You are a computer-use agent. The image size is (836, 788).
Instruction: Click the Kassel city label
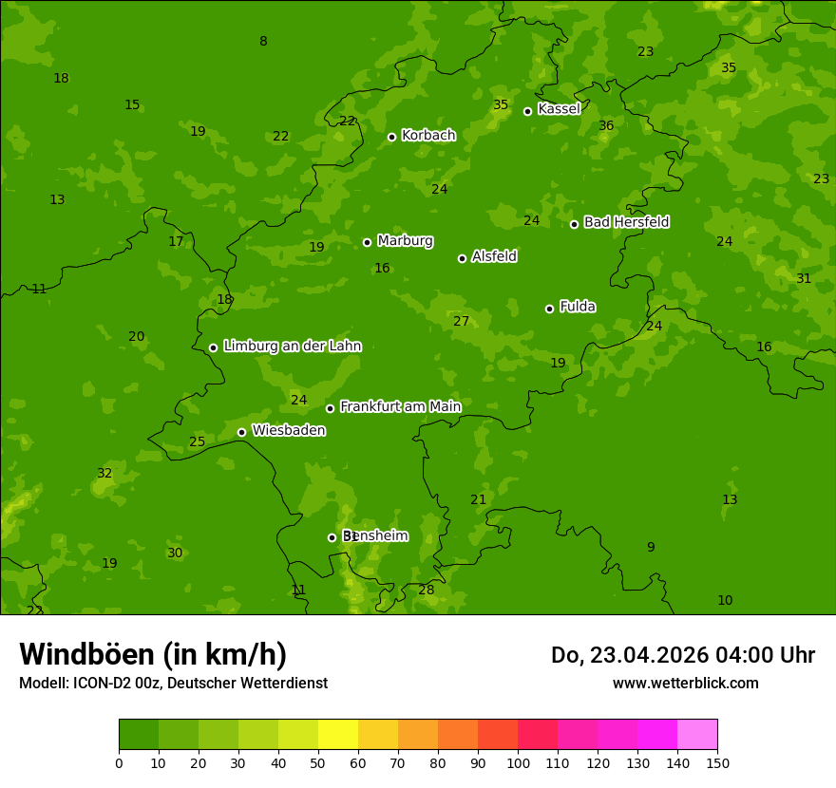pyautogui.click(x=559, y=109)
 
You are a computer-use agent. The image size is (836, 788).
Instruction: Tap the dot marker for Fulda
pyautogui.click(x=549, y=309)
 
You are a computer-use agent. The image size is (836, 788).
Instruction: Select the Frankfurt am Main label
pyautogui.click(x=400, y=406)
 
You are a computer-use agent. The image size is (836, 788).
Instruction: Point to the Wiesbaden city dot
pyautogui.click(x=241, y=432)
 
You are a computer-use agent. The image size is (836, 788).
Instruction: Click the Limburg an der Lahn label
pyautogui.click(x=292, y=347)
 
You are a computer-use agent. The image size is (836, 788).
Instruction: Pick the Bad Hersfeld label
pyautogui.click(x=626, y=222)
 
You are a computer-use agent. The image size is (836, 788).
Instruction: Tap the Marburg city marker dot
pyautogui.click(x=367, y=242)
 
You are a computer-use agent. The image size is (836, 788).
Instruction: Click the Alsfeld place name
pyautogui.click(x=494, y=256)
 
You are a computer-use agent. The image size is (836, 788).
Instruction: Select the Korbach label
pyautogui.click(x=428, y=136)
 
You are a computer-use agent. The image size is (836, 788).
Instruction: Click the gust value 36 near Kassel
pyautogui.click(x=606, y=125)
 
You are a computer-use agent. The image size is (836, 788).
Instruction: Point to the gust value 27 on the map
pyautogui.click(x=461, y=321)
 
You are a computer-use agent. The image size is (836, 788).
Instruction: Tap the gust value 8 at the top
pyautogui.click(x=263, y=41)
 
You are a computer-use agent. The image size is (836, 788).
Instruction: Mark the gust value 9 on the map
pyautogui.click(x=651, y=547)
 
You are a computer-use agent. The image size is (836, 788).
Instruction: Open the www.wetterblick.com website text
pyautogui.click(x=685, y=683)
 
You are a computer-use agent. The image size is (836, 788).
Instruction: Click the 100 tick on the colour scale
pyautogui.click(x=518, y=762)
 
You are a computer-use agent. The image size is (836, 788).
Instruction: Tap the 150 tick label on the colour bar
pyautogui.click(x=717, y=762)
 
